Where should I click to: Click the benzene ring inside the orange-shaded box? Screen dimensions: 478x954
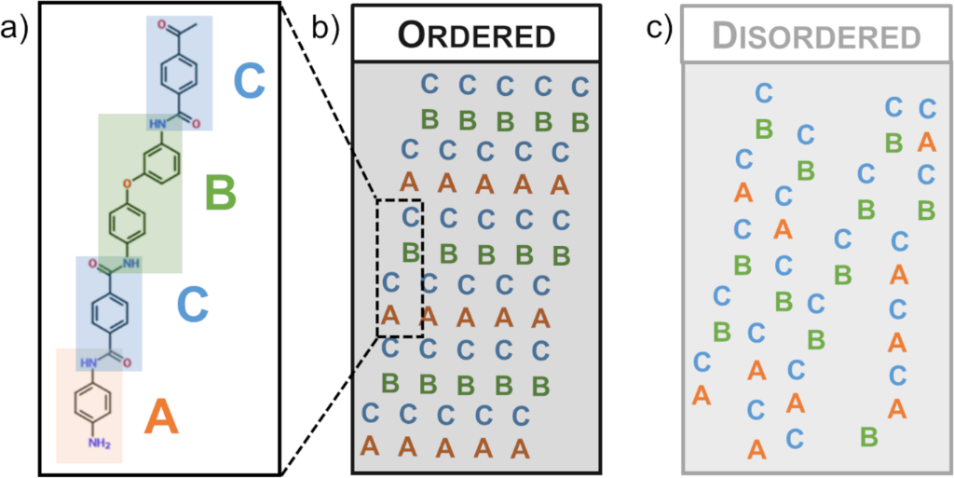tap(93, 403)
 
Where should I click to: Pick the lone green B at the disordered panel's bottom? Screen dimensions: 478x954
tap(868, 435)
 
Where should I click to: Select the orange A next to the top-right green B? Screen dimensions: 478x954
tap(926, 142)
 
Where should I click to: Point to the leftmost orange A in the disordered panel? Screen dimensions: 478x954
tap(702, 395)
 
